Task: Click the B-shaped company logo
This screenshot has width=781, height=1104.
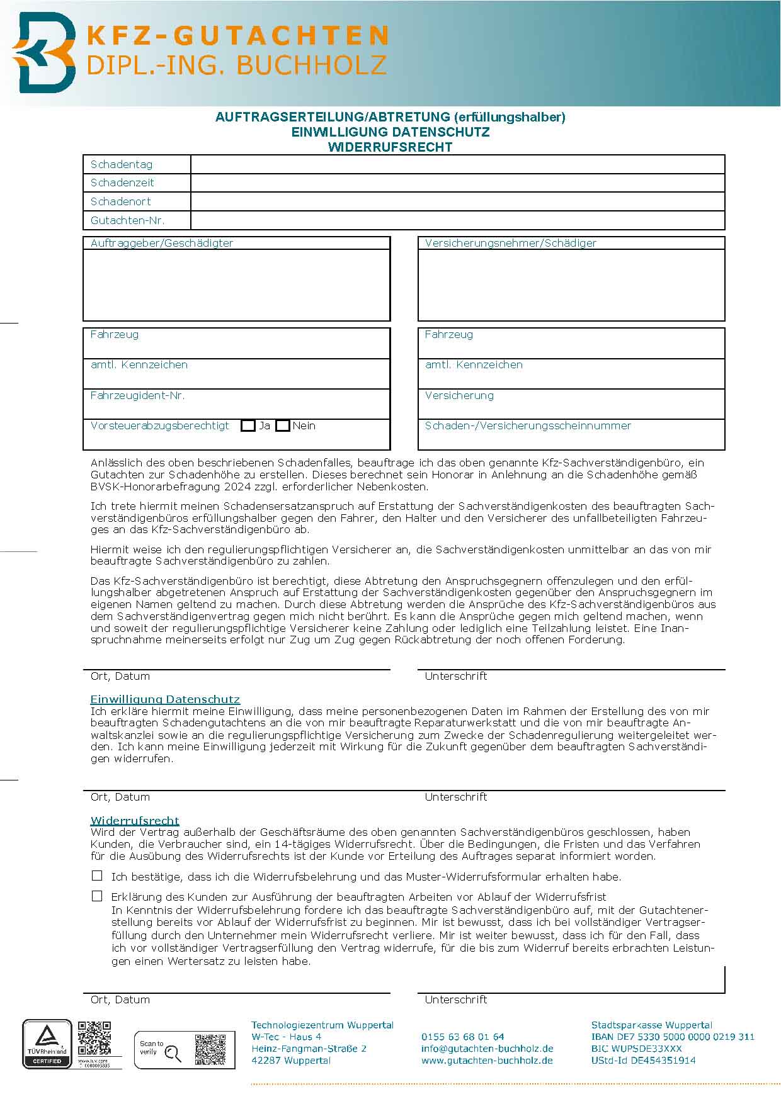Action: pyautogui.click(x=44, y=53)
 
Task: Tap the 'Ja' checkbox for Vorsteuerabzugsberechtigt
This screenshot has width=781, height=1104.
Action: pyautogui.click(x=248, y=426)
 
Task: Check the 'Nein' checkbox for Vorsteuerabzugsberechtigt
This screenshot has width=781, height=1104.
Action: pyautogui.click(x=283, y=426)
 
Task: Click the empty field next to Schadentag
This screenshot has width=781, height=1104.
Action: pyautogui.click(x=457, y=164)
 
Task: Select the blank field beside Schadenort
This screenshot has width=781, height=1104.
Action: pyautogui.click(x=457, y=201)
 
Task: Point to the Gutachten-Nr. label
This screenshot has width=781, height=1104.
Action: pyautogui.click(x=127, y=220)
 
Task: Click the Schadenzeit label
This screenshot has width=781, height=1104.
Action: pyautogui.click(x=122, y=183)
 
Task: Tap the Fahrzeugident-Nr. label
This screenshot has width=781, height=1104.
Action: pyautogui.click(x=137, y=395)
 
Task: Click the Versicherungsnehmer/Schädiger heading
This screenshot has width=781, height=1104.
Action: pyautogui.click(x=510, y=243)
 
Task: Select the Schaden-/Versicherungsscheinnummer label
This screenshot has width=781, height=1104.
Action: pyautogui.click(x=528, y=426)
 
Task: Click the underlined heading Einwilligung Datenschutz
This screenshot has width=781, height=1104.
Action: pyautogui.click(x=165, y=699)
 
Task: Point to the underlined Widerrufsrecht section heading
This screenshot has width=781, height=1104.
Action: pyautogui.click(x=135, y=821)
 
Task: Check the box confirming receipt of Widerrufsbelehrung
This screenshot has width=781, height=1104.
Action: pyautogui.click(x=97, y=876)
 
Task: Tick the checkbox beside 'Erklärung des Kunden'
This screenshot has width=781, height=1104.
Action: pyautogui.click(x=97, y=896)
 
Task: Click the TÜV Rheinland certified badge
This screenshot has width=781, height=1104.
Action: pyautogui.click(x=47, y=1044)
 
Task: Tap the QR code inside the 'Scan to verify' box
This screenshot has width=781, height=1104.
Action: pyautogui.click(x=210, y=1049)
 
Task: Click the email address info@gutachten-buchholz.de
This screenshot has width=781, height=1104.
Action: pyautogui.click(x=487, y=1049)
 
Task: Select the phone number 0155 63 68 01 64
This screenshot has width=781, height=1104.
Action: pyautogui.click(x=462, y=1037)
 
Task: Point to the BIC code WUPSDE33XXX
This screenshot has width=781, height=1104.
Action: pyautogui.click(x=636, y=1049)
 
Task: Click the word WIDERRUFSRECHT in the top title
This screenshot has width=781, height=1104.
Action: pyautogui.click(x=390, y=147)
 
